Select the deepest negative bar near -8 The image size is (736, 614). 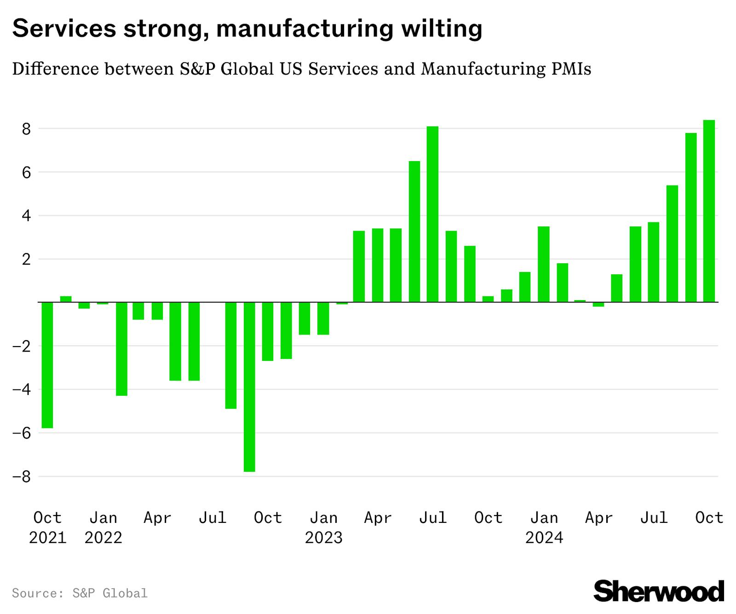click(249, 387)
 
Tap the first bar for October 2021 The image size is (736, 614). click(47, 365)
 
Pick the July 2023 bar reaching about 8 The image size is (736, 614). click(432, 214)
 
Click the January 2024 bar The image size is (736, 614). click(543, 264)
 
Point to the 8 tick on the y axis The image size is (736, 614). click(26, 129)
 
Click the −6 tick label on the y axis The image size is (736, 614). click(22, 433)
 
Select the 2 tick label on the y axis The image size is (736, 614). click(26, 259)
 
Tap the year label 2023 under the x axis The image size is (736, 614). click(323, 538)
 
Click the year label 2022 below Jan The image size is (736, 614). click(103, 538)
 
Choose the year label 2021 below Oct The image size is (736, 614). click(47, 538)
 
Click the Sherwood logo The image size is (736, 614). click(658, 591)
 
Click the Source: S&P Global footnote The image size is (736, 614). click(80, 593)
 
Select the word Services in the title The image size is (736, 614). click(64, 29)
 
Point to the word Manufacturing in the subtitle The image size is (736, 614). click(480, 69)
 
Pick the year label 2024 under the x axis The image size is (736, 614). click(544, 538)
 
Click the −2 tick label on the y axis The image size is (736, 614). click(22, 346)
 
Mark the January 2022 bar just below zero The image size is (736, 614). click(103, 303)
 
